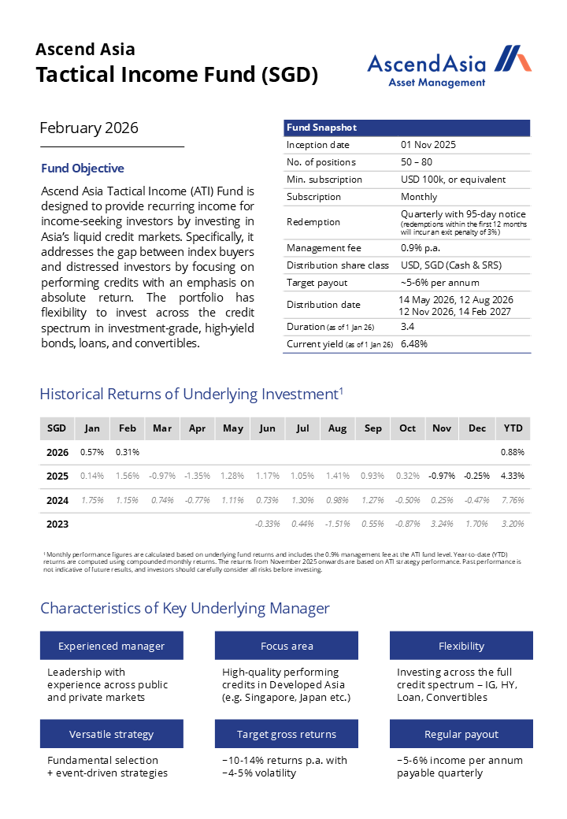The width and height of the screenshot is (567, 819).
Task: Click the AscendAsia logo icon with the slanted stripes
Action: (516, 60)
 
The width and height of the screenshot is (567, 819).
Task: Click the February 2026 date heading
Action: (89, 128)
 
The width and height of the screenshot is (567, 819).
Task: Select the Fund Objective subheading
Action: (83, 169)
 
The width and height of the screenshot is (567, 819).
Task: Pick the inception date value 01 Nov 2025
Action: (428, 145)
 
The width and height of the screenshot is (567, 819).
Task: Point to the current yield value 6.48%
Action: (414, 344)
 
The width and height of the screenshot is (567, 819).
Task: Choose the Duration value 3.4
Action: (408, 326)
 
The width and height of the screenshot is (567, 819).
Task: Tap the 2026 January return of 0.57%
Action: (92, 452)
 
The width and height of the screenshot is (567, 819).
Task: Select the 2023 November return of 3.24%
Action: (442, 524)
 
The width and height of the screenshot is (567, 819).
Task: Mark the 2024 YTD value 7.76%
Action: (513, 500)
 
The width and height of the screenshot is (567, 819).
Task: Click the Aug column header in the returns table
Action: (337, 428)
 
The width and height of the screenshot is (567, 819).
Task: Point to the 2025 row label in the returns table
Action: (57, 476)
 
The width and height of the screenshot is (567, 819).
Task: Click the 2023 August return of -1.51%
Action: (337, 524)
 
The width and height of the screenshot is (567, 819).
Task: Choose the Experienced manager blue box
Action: (112, 646)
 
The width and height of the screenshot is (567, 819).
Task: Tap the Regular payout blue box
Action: (461, 734)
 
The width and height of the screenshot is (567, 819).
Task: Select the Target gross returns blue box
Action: (287, 734)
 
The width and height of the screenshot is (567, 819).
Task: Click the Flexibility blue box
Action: (461, 646)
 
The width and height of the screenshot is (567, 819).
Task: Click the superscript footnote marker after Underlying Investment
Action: (341, 389)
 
